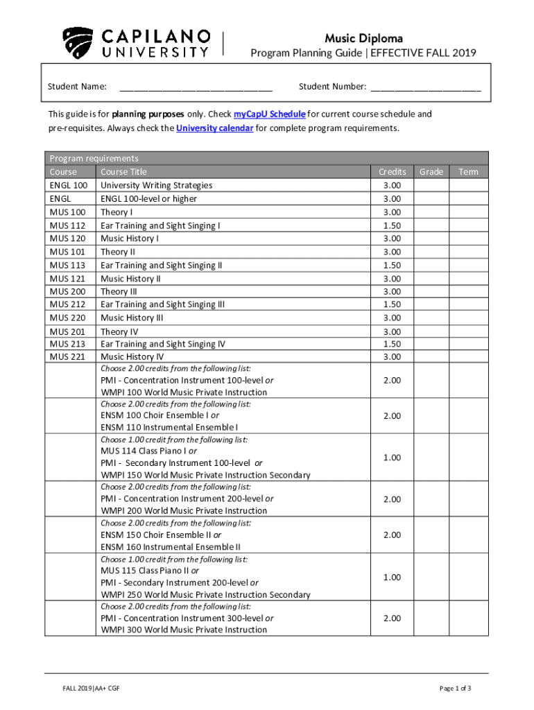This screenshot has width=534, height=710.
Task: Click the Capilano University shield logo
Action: [77, 43]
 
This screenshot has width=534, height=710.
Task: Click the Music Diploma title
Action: [363, 38]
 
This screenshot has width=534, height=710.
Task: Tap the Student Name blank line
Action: [196, 87]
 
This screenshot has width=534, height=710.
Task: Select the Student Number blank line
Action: [426, 87]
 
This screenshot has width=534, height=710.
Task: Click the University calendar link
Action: [215, 128]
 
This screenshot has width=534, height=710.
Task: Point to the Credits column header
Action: [392, 172]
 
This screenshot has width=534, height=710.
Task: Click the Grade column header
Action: [431, 172]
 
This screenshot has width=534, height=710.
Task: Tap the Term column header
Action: [468, 172]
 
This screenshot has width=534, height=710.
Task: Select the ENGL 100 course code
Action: [69, 185]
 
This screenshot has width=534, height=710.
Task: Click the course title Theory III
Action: [119, 292]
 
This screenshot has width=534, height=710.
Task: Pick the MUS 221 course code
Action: [68, 357]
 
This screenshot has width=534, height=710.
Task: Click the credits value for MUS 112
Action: [392, 225]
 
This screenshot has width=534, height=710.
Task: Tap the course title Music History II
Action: [131, 279]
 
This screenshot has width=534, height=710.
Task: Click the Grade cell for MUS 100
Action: [431, 212]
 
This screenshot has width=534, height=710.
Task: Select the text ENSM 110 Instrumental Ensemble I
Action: [169, 428]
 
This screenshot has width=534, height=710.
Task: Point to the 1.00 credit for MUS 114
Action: [392, 458]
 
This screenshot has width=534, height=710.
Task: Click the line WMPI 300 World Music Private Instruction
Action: [184, 630]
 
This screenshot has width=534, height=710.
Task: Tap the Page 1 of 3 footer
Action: [456, 689]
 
